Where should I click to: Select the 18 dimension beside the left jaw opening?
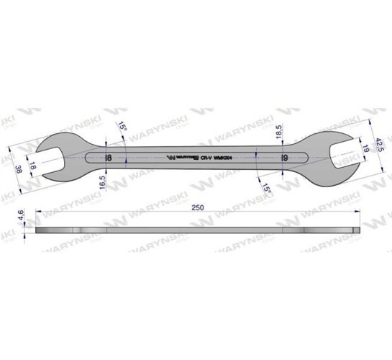point(32,164)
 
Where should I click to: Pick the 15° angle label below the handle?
point(265,189)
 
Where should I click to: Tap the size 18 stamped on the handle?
point(108,158)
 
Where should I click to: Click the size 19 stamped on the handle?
point(284,158)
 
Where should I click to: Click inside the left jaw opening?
point(52,157)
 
